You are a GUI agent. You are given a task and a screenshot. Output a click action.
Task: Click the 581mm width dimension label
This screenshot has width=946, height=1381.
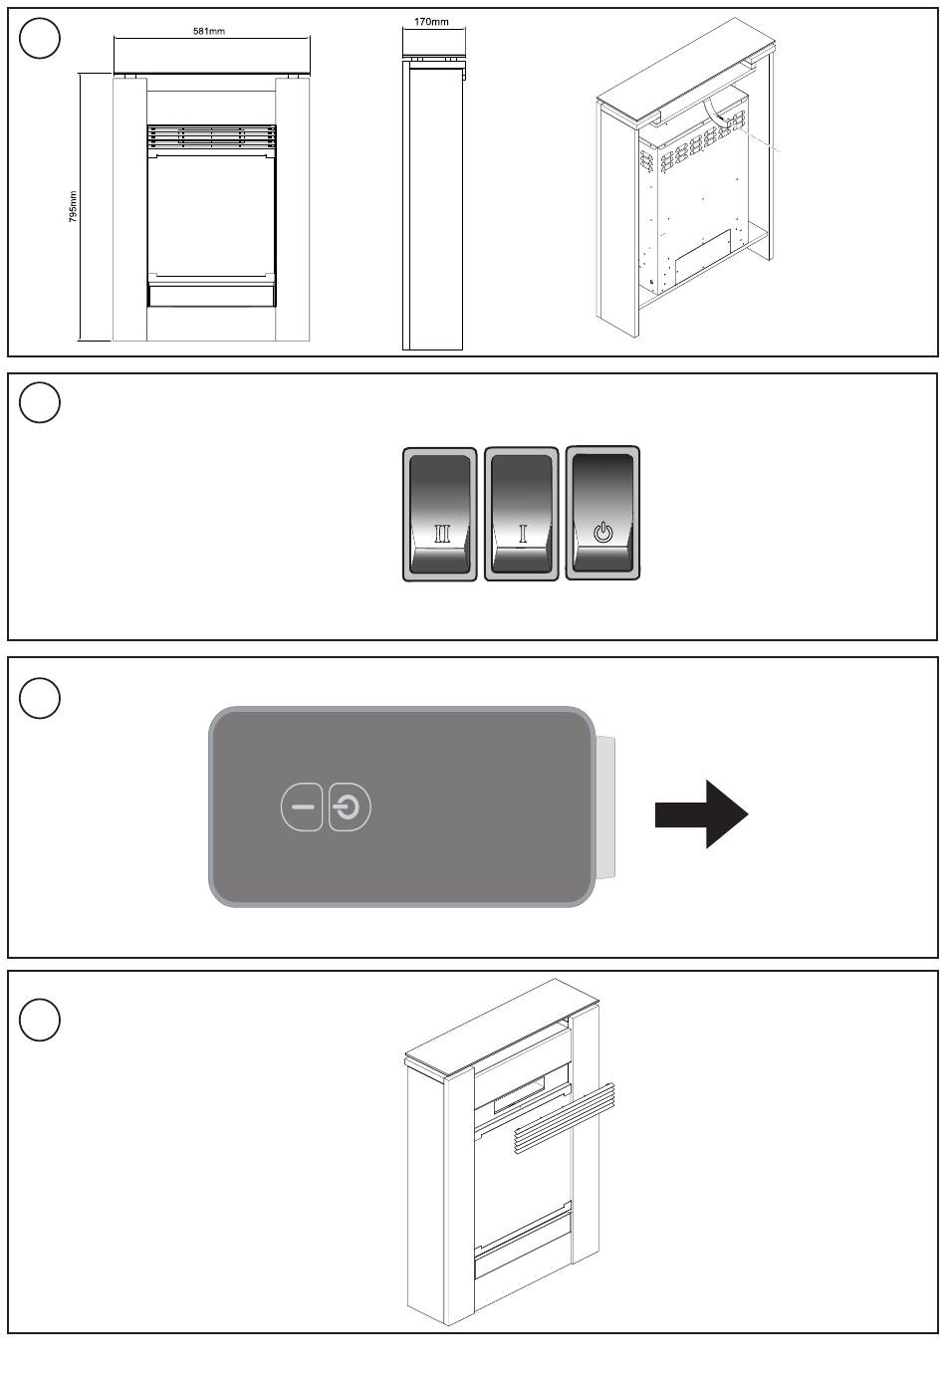[x=209, y=31]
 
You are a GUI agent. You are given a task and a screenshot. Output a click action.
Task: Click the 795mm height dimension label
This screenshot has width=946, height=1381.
[x=74, y=207]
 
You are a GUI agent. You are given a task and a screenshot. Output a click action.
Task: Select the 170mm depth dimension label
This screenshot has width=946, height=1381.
[x=431, y=22]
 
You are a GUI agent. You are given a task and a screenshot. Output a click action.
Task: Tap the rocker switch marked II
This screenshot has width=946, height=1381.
[x=440, y=514]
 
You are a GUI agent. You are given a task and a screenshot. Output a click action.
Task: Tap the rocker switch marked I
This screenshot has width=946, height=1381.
[x=522, y=514]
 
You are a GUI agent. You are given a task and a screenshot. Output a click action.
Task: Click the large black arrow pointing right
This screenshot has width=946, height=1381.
[x=701, y=813]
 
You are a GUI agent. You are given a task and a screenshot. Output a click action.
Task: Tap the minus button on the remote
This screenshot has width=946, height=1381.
[x=303, y=807]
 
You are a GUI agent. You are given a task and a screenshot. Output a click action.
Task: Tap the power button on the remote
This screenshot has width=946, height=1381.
[x=349, y=807]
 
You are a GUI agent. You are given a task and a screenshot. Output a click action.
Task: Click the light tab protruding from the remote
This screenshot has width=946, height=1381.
[x=605, y=807]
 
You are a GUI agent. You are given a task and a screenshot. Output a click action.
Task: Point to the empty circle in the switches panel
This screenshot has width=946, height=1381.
[x=40, y=402]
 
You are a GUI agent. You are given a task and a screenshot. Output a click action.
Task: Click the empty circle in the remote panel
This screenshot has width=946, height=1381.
[x=40, y=698]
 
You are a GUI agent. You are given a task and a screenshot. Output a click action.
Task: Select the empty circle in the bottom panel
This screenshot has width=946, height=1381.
[x=40, y=1021]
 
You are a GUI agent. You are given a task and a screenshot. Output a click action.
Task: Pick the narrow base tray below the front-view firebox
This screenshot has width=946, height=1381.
[x=211, y=294]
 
